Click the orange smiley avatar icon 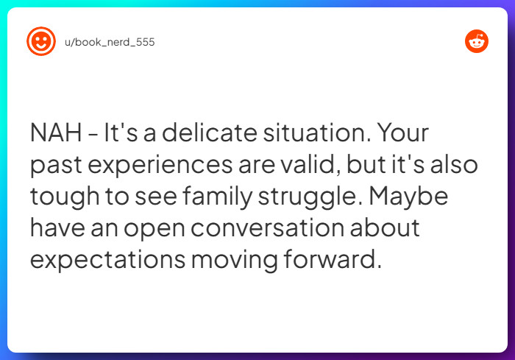click(41, 41)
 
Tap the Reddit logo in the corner click(477, 41)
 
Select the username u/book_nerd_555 click(110, 42)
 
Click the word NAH click(56, 133)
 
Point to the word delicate click(210, 133)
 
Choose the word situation click(317, 133)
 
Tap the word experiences click(160, 164)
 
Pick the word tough click(65, 197)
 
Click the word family click(217, 197)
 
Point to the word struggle click(310, 197)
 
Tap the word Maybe click(408, 197)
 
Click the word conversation click(267, 227)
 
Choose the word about click(385, 227)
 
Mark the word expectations click(107, 260)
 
